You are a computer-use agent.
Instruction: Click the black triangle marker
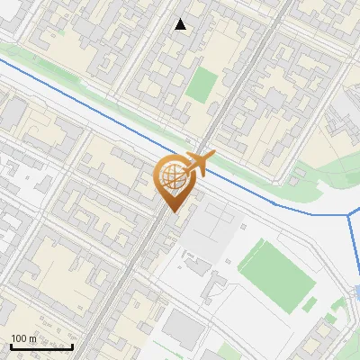click(x=181, y=24)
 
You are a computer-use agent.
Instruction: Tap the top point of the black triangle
click(x=181, y=19)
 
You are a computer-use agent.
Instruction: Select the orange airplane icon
click(x=201, y=163)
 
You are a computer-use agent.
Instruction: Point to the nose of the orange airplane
click(x=213, y=155)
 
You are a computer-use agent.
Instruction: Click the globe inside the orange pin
click(x=171, y=177)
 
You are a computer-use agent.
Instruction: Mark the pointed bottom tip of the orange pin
click(x=171, y=211)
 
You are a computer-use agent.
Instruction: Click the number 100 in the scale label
click(x=19, y=338)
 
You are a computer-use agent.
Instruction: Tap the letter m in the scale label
click(x=32, y=338)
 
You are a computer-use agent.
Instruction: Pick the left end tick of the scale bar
click(x=10, y=346)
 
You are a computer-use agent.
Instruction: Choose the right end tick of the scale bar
click(x=73, y=346)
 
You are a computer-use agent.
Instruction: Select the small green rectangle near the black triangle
click(x=202, y=85)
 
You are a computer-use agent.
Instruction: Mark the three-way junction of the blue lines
click(x=349, y=216)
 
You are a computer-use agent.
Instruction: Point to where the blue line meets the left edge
click(x=2, y=59)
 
